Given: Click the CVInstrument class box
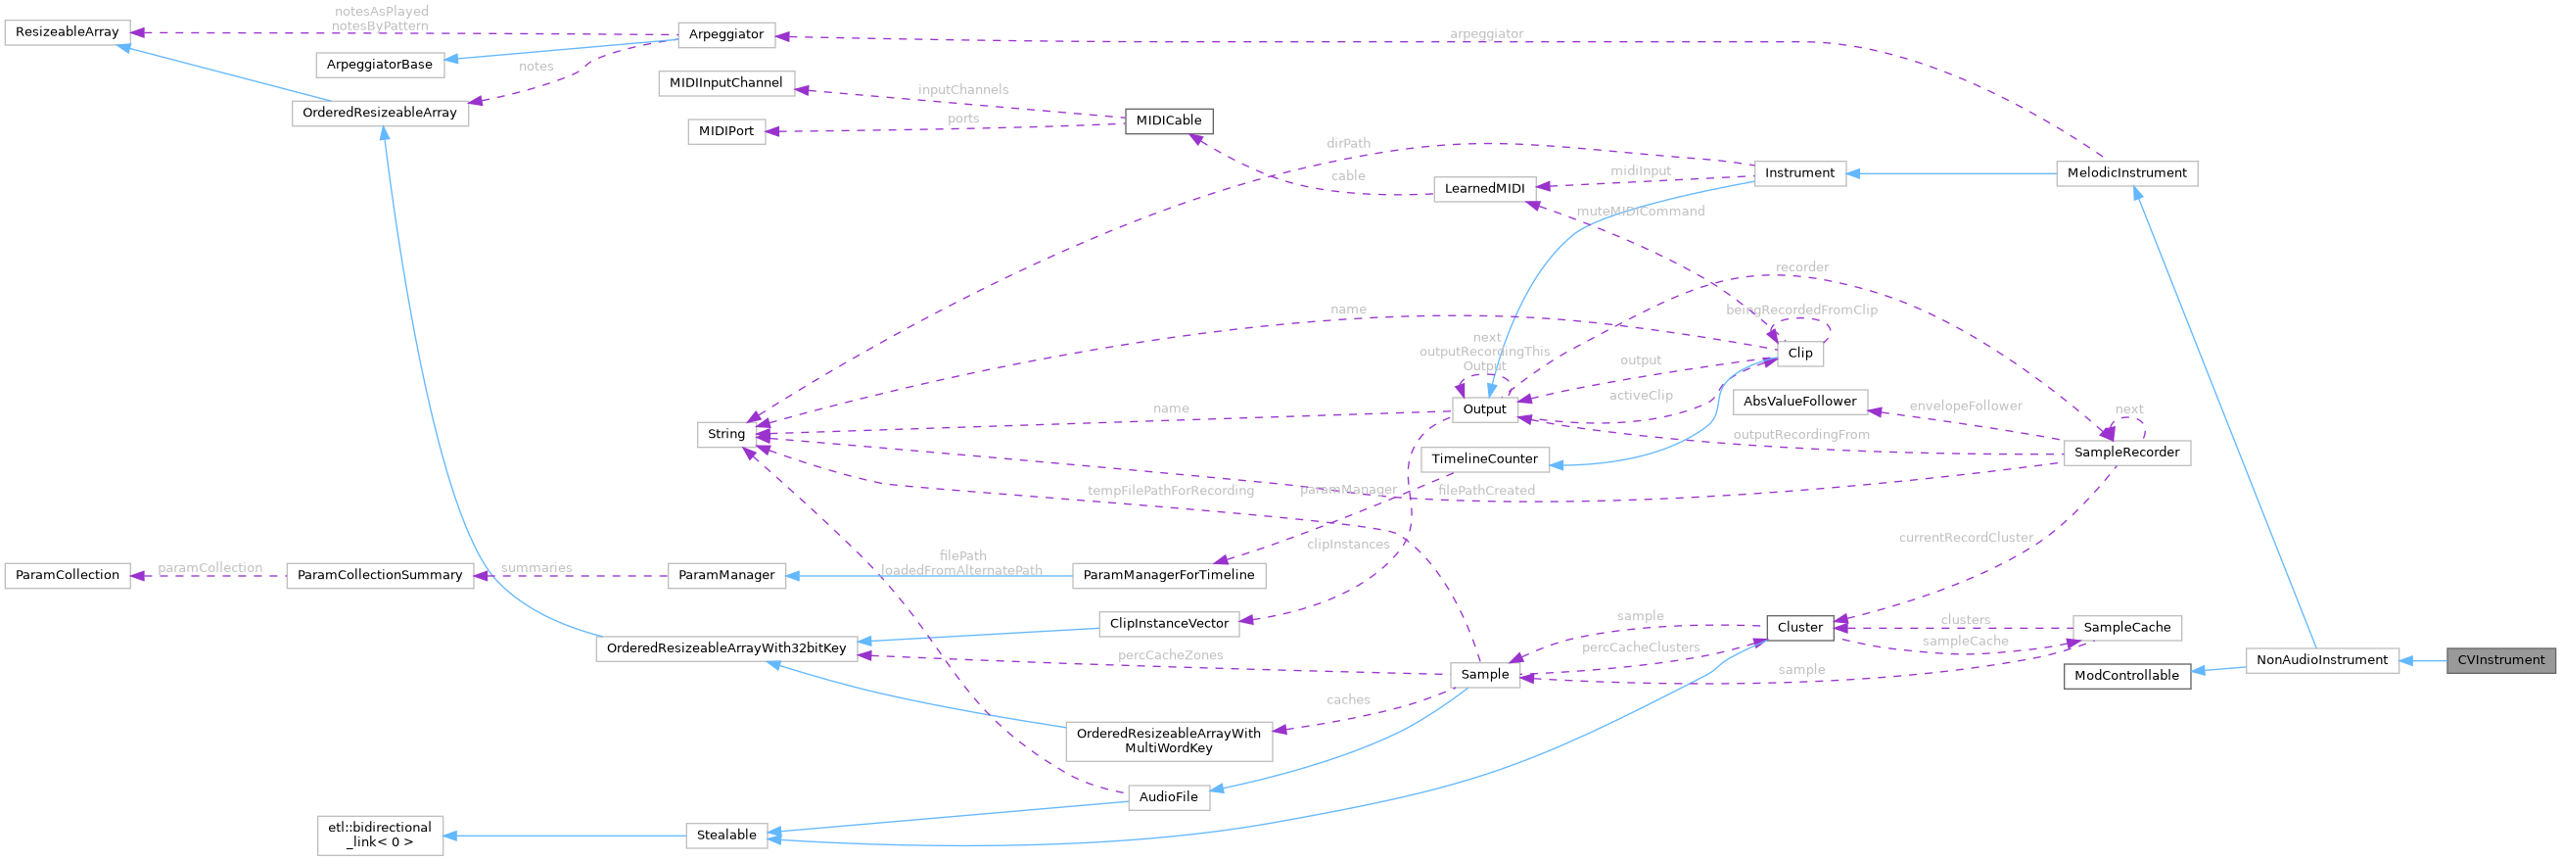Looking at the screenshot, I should tap(2500, 660).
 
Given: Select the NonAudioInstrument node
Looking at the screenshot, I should tap(2321, 660).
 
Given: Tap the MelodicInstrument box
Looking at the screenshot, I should tap(2126, 173).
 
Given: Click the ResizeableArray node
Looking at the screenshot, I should tap(62, 31).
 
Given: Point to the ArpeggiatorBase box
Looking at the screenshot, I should tap(380, 65).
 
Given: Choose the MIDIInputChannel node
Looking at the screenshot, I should tap(725, 83).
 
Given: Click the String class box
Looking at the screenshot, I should tap(725, 435).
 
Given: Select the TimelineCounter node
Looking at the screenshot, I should tap(1485, 459).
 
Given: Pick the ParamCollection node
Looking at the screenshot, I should tap(68, 576).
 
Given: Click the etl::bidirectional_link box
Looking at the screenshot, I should tap(380, 836).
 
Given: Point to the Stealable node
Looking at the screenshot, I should tap(725, 836).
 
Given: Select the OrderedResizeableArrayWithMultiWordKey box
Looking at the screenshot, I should tap(1168, 741).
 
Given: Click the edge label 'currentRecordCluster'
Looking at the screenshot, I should tap(1966, 538).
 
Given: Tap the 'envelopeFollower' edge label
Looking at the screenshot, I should tap(1966, 406).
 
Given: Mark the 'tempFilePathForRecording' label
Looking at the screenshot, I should tap(1170, 491).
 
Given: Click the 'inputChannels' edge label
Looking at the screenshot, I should tap(962, 90).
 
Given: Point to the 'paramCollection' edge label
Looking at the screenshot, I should tap(210, 569).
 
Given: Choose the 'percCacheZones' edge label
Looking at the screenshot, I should tap(1170, 656).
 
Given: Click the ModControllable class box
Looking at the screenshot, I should tap(2126, 676).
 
